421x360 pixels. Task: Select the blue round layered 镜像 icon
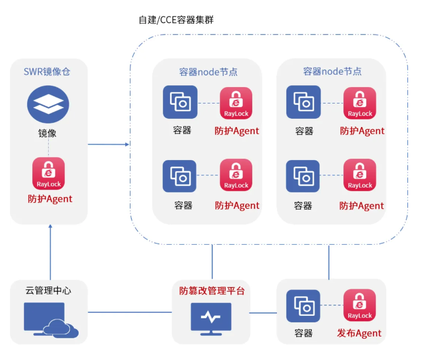(48, 104)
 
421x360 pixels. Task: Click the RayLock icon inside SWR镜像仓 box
(49, 173)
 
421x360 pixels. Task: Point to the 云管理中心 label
(48, 290)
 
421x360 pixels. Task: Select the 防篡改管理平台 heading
(211, 291)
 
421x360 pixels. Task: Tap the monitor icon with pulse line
(211, 318)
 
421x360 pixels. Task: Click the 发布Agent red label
(359, 334)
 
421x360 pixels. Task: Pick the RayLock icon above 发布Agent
(359, 306)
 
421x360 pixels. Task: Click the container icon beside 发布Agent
(303, 306)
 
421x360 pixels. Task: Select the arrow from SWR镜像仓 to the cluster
(109, 144)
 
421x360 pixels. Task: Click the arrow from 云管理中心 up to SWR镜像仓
(50, 253)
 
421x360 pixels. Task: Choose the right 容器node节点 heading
(332, 72)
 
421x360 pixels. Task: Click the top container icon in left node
(180, 102)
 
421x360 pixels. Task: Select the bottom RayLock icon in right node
(360, 175)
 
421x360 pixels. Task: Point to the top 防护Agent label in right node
(362, 131)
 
